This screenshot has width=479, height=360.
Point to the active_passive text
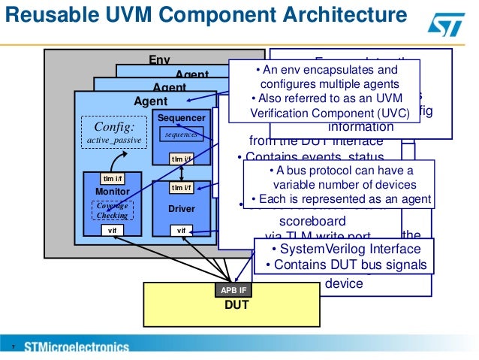tap(110, 140)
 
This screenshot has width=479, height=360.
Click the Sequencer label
tap(179, 119)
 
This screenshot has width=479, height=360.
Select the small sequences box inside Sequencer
tap(181, 134)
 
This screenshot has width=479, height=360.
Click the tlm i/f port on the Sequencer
tap(181, 159)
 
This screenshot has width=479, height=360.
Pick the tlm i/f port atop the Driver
tap(181, 187)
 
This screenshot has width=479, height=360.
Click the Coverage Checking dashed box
tap(111, 210)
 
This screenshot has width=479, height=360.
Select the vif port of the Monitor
tap(111, 231)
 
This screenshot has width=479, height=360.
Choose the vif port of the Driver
tap(181, 231)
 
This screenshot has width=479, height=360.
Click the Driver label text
tap(181, 208)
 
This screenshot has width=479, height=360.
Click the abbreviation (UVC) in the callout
tap(394, 113)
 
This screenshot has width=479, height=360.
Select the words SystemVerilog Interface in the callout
tap(345, 250)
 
